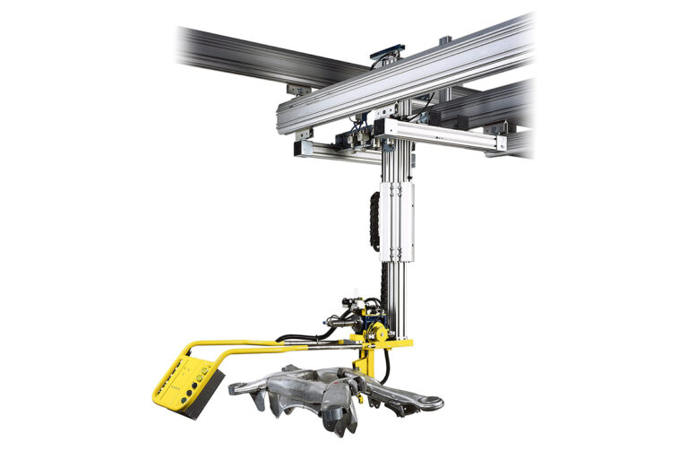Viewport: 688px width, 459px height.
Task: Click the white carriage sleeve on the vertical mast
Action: click(397, 220)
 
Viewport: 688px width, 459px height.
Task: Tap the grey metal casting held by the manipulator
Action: click(322, 394)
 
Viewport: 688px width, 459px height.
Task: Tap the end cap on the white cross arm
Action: click(497, 143)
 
